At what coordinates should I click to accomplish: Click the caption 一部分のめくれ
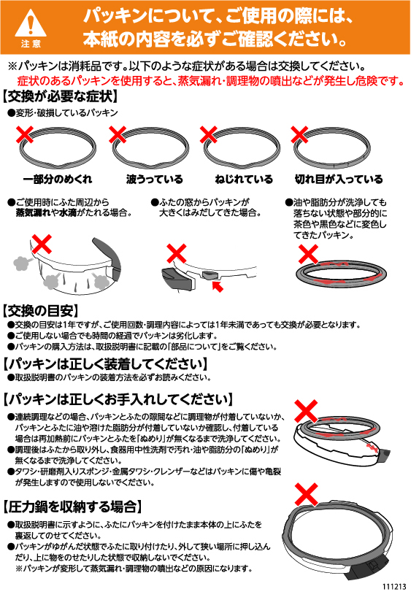point(58,179)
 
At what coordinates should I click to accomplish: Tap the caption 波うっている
point(154,179)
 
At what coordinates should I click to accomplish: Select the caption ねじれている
point(244,179)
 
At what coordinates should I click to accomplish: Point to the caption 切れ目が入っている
point(339,179)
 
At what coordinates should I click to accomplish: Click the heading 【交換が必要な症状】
point(60,96)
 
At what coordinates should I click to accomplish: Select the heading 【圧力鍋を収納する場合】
point(72,507)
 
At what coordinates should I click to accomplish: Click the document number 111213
point(394,587)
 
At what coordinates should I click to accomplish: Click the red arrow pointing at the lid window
point(218,287)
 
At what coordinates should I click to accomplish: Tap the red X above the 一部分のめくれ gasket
point(24,134)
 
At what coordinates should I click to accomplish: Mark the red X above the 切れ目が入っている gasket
point(299,134)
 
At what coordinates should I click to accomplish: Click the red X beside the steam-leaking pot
point(42,244)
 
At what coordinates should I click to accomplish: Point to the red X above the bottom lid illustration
point(307,494)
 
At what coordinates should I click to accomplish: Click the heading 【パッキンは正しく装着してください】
point(105,364)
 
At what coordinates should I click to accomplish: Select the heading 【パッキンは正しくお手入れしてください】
point(119,399)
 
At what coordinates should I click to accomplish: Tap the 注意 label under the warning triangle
point(31,44)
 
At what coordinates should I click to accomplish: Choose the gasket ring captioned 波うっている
point(151,147)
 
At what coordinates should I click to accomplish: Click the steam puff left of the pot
point(22,264)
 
